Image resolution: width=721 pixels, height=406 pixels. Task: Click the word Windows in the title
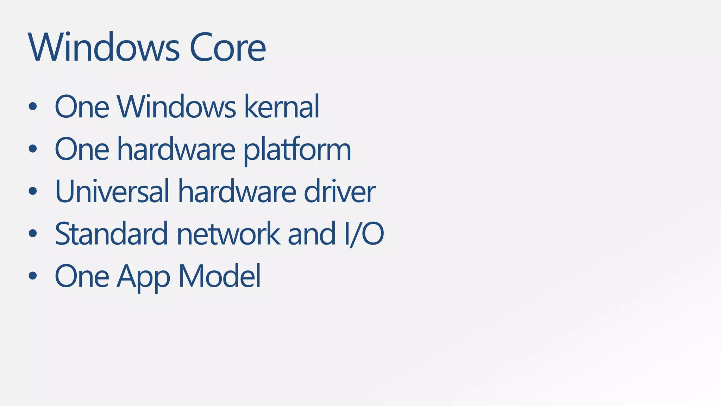coord(104,48)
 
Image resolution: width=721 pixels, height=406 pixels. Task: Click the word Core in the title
coord(227,48)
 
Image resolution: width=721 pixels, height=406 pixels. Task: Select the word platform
coord(297,149)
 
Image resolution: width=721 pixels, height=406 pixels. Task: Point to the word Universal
coord(112,191)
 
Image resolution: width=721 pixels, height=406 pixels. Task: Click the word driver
coord(340,191)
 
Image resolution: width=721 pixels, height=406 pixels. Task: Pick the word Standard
coord(111,234)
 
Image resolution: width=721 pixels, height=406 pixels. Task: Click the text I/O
coord(364,234)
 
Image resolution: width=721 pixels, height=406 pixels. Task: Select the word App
coord(143,277)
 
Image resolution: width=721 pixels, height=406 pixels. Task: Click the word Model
coord(220,276)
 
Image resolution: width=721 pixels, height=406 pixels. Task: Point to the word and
coord(312,234)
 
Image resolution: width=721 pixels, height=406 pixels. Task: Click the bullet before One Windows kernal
coord(33,107)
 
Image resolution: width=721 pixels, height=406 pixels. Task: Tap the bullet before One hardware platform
coord(33,149)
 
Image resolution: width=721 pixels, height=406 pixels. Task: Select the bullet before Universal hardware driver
coord(33,191)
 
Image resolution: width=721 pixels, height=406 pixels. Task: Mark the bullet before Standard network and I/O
coord(33,233)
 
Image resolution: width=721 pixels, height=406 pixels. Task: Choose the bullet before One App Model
coord(33,276)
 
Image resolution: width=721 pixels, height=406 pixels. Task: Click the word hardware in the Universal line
coord(237,191)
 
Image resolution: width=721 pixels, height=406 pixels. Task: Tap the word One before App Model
coord(82,276)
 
